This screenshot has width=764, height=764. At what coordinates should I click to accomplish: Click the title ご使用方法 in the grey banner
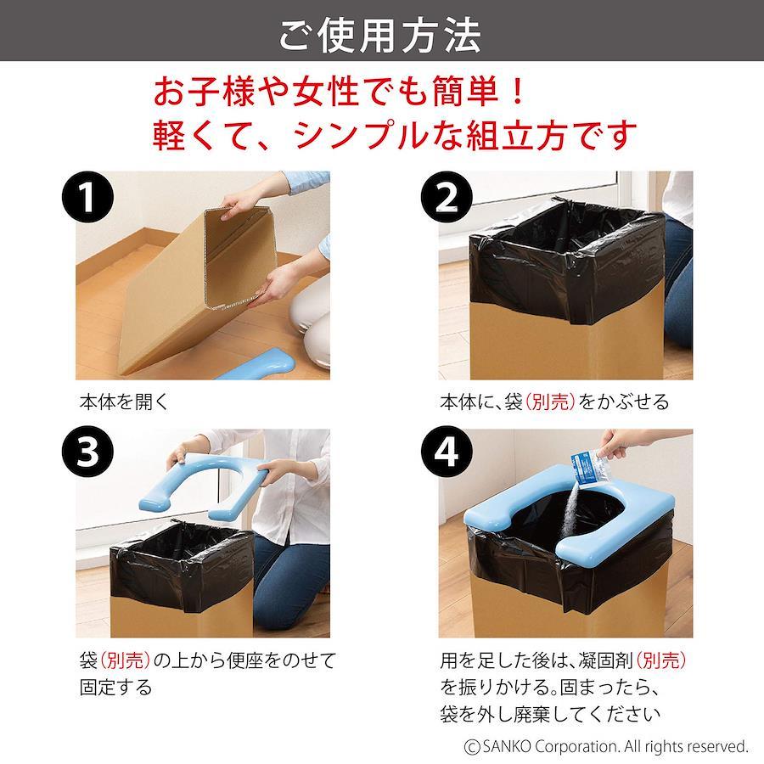point(380,35)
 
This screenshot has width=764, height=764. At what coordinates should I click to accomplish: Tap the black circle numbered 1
point(87,197)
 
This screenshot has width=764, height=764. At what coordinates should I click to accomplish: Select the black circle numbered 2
point(447,197)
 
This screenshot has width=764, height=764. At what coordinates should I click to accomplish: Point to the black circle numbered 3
point(87,452)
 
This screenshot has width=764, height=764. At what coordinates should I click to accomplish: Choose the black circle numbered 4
point(447,452)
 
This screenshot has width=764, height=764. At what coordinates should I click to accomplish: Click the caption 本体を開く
point(124,402)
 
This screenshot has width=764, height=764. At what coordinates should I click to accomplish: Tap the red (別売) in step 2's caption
point(549,402)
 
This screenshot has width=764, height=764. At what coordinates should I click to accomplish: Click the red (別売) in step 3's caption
point(126,660)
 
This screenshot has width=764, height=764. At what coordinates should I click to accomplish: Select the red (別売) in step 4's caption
point(661,660)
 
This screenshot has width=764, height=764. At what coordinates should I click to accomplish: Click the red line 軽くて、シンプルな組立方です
point(395,135)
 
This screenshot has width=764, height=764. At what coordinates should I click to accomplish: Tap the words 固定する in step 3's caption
point(116,688)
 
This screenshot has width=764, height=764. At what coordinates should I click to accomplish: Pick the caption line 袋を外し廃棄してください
point(550,714)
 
